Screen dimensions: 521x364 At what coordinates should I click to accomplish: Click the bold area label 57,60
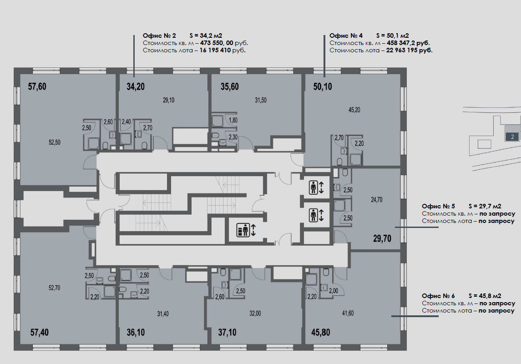click(x=37, y=87)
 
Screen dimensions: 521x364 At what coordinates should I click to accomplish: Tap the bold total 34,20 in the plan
click(x=136, y=87)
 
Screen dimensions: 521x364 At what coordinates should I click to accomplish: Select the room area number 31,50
click(x=260, y=100)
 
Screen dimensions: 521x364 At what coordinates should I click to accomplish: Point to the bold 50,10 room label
click(x=323, y=87)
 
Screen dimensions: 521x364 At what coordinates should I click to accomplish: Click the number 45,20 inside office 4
click(x=354, y=110)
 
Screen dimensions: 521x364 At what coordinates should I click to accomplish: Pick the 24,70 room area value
click(x=376, y=200)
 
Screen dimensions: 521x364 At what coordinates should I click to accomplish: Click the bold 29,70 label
click(x=382, y=238)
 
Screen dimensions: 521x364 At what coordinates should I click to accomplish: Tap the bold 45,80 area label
click(x=321, y=332)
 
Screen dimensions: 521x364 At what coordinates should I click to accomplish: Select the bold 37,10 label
click(x=227, y=332)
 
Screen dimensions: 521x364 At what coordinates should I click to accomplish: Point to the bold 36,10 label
click(x=136, y=332)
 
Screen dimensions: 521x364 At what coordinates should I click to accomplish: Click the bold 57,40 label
click(x=40, y=332)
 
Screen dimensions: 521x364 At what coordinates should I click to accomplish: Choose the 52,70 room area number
click(x=55, y=288)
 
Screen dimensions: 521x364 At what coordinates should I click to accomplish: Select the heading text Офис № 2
click(x=160, y=35)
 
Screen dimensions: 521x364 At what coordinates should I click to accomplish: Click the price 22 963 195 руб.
click(x=410, y=50)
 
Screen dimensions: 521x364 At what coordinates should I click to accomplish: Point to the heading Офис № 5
click(x=438, y=206)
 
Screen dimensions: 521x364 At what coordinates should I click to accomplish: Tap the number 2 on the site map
click(x=513, y=137)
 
